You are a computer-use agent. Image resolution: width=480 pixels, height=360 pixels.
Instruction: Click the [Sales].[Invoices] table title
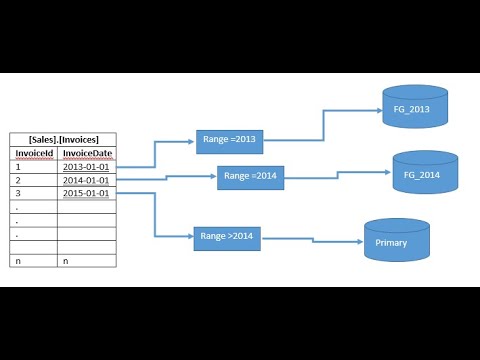tap(62, 140)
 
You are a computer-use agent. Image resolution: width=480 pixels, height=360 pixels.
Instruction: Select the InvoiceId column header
tap(33, 153)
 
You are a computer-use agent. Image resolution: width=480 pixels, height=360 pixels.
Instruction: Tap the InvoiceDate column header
tap(85, 153)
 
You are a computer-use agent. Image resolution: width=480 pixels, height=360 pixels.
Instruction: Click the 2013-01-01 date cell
tap(85, 166)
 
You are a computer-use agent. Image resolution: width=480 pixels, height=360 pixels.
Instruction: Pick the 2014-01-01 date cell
tap(85, 179)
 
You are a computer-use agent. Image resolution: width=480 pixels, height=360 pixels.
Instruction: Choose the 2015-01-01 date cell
tap(85, 192)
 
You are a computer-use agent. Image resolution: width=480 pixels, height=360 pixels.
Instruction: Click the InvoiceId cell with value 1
tap(33, 166)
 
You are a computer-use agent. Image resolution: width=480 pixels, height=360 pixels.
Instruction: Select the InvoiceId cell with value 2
tap(33, 179)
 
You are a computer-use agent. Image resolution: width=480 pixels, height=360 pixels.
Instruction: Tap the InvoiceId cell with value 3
tap(33, 192)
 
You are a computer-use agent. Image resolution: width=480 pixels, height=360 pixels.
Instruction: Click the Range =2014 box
tap(251, 177)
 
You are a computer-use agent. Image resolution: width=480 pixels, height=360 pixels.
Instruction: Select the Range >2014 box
tap(225, 237)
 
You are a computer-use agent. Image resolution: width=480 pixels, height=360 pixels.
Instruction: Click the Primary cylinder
tap(397, 240)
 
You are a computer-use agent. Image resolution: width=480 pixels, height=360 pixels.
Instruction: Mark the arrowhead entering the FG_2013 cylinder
tap(377, 110)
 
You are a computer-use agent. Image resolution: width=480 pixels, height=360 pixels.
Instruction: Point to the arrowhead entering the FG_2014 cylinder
tap(387, 173)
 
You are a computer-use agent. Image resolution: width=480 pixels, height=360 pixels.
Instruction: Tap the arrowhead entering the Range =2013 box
tap(193, 142)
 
